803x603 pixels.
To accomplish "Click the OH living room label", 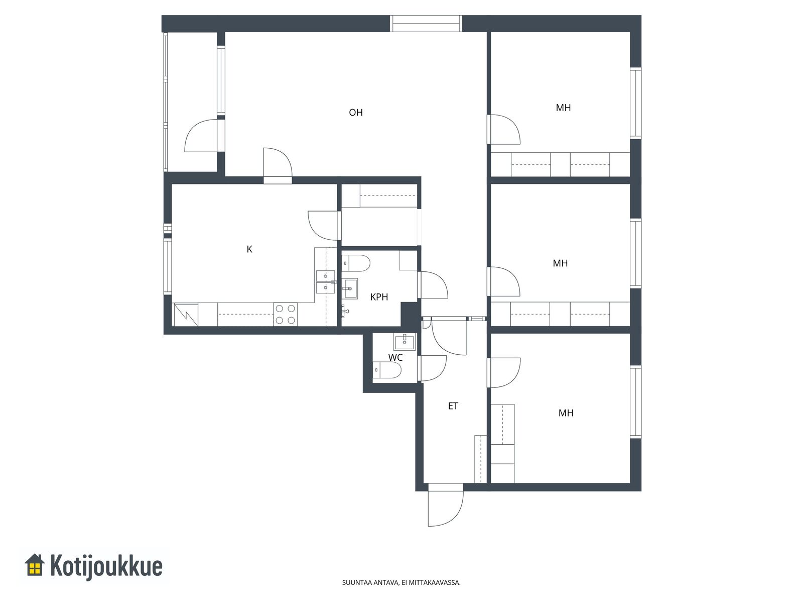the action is pyautogui.click(x=356, y=113).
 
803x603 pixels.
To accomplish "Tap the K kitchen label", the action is pyautogui.click(x=249, y=249).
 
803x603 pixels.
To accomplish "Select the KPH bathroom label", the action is pyautogui.click(x=379, y=297).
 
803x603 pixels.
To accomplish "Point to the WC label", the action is pyautogui.click(x=395, y=357).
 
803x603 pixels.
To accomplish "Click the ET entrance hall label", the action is pyautogui.click(x=453, y=406).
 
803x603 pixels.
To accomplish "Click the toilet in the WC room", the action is pyautogui.click(x=387, y=370).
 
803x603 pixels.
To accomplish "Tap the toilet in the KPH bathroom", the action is pyautogui.click(x=356, y=263).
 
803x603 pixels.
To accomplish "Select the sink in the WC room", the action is pyautogui.click(x=405, y=342).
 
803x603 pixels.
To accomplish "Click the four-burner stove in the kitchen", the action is pyautogui.click(x=286, y=315).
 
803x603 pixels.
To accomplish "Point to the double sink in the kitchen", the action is pyautogui.click(x=325, y=282).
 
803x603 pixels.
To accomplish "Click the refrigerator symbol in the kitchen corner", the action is pyautogui.click(x=186, y=315).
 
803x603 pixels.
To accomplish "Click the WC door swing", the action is pyautogui.click(x=432, y=368).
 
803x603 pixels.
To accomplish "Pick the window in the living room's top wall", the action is pyautogui.click(x=426, y=24).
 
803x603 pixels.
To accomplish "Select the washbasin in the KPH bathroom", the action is pyautogui.click(x=350, y=289).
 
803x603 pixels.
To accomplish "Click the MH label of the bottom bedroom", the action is pyautogui.click(x=566, y=413).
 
